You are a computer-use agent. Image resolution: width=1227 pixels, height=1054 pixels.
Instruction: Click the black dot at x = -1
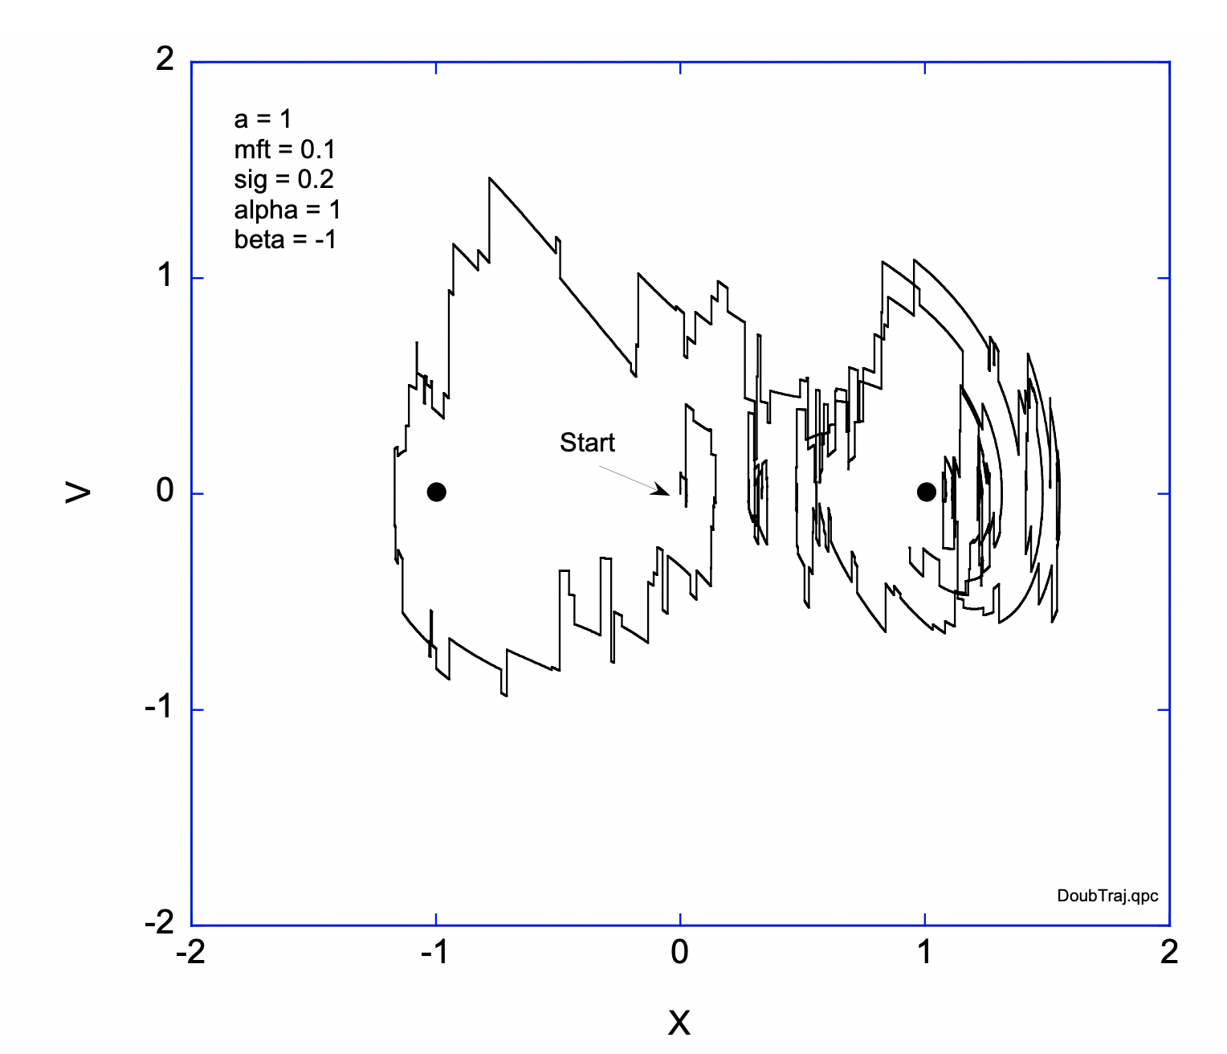[436, 492]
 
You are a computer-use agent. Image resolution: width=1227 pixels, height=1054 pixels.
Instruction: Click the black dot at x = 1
[926, 492]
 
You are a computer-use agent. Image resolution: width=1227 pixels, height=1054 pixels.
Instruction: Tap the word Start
[587, 443]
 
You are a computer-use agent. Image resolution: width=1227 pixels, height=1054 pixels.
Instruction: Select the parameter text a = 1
[262, 120]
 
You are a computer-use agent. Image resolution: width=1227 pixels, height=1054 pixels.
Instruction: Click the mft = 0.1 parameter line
[284, 149]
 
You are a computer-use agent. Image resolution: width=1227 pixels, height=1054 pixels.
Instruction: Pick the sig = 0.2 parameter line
[283, 179]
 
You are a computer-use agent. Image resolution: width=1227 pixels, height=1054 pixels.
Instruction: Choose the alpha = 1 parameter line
[287, 210]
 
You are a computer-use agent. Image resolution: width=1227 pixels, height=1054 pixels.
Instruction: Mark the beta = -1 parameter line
[285, 239]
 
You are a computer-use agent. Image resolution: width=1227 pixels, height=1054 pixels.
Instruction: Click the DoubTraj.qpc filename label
[1107, 896]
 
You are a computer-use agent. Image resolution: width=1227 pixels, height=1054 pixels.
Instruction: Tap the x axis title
[679, 1023]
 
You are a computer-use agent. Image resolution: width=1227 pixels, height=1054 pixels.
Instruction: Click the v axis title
[78, 492]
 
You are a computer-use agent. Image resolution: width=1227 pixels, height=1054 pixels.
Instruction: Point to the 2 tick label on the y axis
[165, 59]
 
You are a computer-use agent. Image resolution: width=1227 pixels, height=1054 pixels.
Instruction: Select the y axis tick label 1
[165, 276]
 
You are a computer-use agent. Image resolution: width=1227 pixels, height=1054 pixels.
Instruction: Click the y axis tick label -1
[159, 708]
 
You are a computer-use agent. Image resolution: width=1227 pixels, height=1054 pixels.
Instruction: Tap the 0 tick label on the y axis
[165, 490]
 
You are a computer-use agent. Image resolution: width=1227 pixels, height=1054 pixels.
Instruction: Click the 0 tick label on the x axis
[679, 953]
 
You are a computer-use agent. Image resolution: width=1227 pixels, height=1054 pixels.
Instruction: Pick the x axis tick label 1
[925, 953]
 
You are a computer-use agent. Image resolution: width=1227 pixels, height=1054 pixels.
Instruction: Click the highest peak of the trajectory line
[490, 178]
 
